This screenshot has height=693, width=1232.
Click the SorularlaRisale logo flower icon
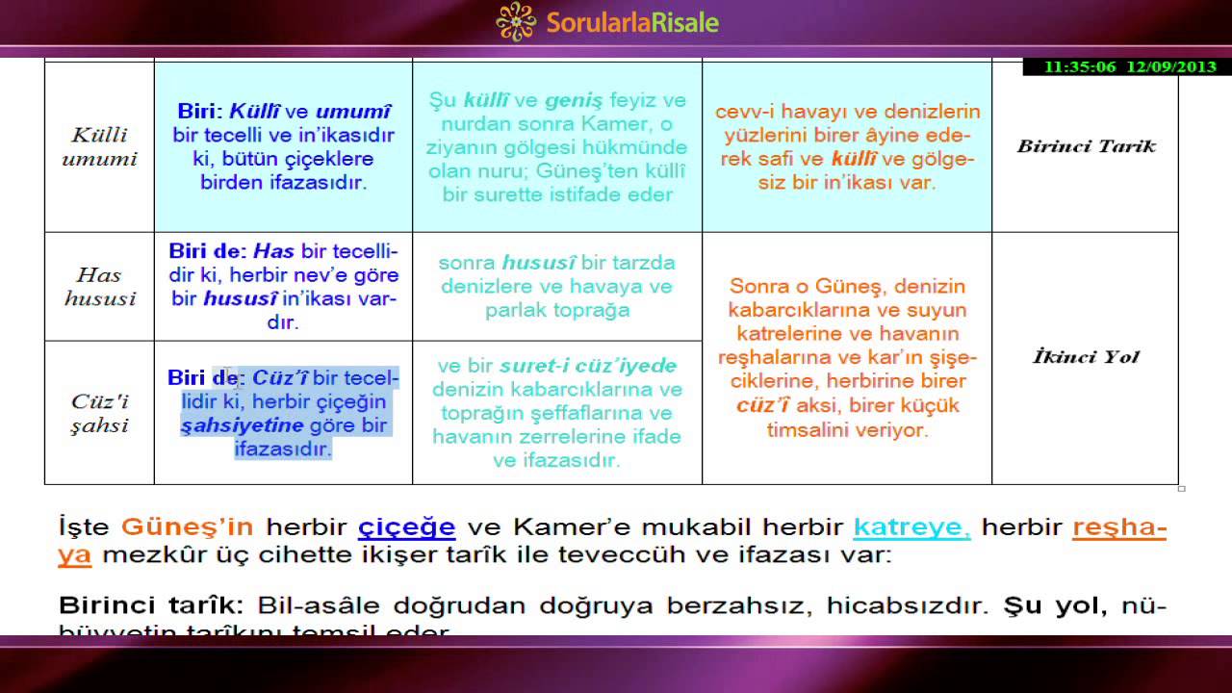516,22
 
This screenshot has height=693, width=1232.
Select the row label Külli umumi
99,146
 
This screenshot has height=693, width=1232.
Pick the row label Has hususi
99,287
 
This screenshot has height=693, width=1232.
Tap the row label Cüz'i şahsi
99,413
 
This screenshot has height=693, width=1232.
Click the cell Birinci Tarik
1086,146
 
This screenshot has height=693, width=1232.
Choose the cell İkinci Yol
1086,357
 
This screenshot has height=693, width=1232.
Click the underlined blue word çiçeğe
406,527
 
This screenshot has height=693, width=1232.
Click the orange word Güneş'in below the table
187,527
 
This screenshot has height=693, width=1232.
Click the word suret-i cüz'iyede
587,367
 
